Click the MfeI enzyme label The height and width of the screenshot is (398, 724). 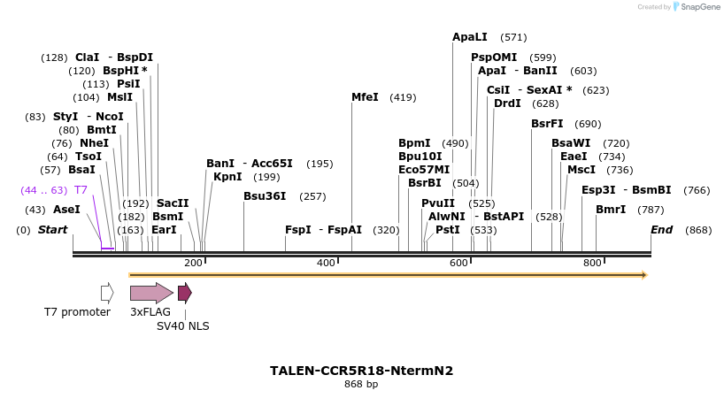tap(365, 97)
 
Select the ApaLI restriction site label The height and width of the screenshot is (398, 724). tap(470, 37)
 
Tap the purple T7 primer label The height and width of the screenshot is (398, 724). tap(81, 190)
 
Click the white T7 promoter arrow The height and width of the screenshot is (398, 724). tap(107, 293)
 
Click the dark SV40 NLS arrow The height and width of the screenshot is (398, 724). tap(184, 293)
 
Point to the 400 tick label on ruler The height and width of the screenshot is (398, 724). tap(327, 263)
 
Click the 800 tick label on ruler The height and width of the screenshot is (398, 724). tap(592, 263)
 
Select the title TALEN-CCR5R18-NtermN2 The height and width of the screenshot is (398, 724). tap(361, 371)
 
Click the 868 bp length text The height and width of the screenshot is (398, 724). tap(361, 385)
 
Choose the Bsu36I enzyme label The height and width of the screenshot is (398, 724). tap(265, 196)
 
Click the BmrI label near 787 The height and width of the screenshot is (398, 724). tap(611, 210)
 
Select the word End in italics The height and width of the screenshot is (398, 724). tap(662, 230)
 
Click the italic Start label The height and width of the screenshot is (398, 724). tap(52, 230)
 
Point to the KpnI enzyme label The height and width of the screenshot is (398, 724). tap(227, 177)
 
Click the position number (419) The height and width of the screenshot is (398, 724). tap(403, 97)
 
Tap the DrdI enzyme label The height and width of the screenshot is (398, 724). tap(507, 103)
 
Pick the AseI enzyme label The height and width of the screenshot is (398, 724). tap(66, 210)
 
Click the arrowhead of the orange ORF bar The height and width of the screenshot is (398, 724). tap(644, 275)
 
